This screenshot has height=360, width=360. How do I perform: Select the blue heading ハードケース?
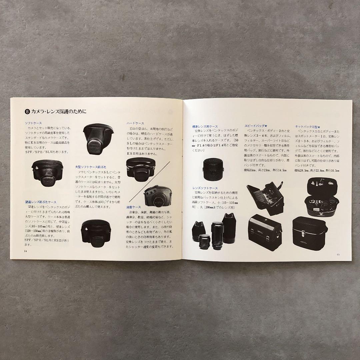pyautogui.click(x=135, y=123)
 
